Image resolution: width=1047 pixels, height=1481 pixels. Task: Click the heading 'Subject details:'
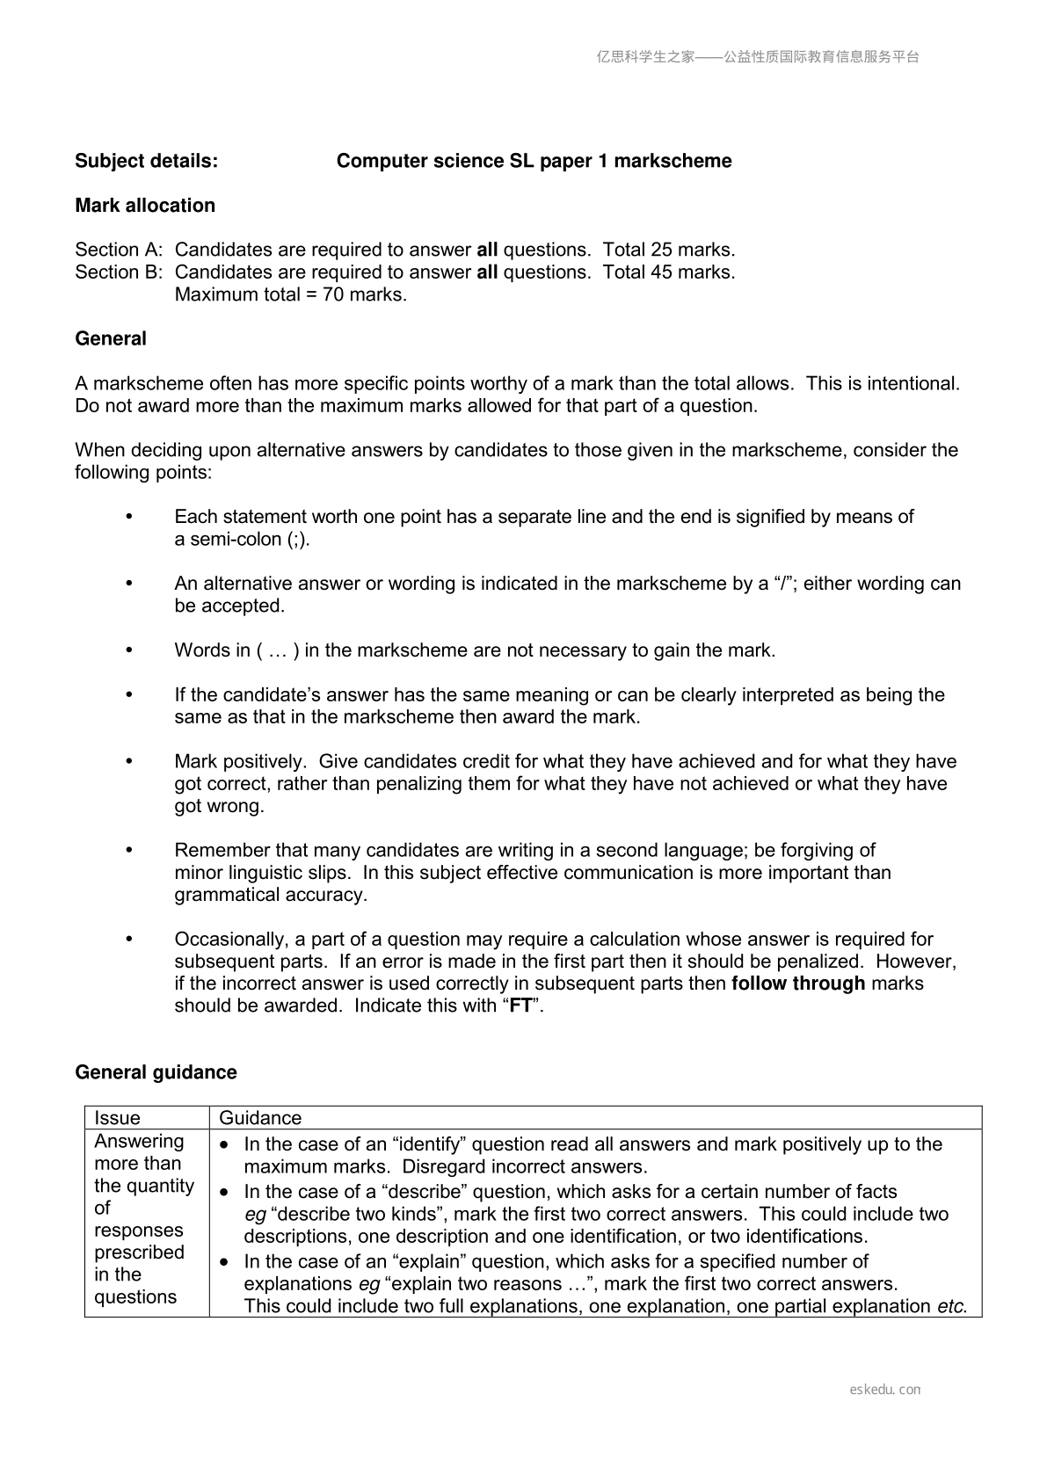(x=147, y=161)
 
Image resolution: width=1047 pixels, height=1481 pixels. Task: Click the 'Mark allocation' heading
(x=145, y=206)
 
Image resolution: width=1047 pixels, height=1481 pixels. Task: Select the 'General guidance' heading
(x=156, y=1072)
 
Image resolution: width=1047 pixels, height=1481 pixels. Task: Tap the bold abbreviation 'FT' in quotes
(x=520, y=1006)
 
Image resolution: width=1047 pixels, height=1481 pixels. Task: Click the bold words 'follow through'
(x=798, y=984)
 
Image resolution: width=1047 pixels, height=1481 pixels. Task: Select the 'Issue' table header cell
(x=117, y=1118)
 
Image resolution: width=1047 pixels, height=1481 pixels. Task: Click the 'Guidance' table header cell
(x=260, y=1118)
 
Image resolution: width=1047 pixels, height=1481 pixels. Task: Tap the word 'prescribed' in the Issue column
(x=139, y=1252)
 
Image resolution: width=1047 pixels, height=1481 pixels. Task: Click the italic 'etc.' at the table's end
(x=952, y=1307)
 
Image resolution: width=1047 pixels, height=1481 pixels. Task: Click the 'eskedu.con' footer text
(x=885, y=1390)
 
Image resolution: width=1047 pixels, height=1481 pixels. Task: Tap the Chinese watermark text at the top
(x=758, y=57)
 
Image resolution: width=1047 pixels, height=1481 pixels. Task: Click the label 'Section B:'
(x=119, y=272)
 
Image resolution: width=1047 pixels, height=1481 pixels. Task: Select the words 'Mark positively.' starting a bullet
(x=240, y=762)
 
